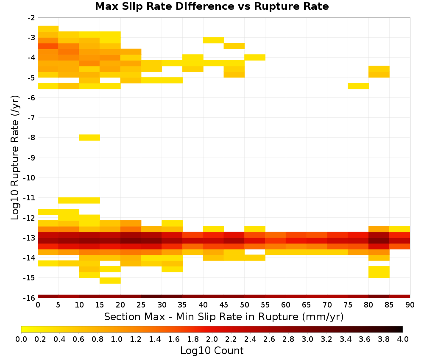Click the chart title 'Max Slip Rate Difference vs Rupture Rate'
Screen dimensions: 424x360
[x=212, y=6]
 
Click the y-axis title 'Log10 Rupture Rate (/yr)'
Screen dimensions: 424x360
[x=15, y=158]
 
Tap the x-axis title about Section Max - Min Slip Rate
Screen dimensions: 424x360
[x=223, y=316]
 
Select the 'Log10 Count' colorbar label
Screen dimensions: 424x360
[x=212, y=351]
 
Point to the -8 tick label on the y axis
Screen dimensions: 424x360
[x=31, y=138]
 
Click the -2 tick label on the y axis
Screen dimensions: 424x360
[x=31, y=18]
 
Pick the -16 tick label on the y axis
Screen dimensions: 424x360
[x=29, y=298]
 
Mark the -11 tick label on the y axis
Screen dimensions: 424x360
[x=29, y=198]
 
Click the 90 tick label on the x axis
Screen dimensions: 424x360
[x=410, y=305]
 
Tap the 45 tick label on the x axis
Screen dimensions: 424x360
[x=224, y=305]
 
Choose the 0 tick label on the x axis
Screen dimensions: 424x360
[x=38, y=305]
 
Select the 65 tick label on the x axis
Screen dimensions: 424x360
[x=307, y=305]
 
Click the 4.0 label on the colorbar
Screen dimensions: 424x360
[x=403, y=339]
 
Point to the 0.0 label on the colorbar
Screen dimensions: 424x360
[x=21, y=339]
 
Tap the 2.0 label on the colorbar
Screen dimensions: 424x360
[x=212, y=339]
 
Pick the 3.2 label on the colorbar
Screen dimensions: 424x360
[x=326, y=339]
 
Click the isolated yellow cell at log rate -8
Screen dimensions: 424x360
[x=89, y=138]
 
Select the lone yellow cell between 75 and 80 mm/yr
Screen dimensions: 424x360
[x=358, y=86]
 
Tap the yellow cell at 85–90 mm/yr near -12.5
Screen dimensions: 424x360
[x=400, y=229]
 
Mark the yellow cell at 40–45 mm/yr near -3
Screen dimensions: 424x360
[x=214, y=40]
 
